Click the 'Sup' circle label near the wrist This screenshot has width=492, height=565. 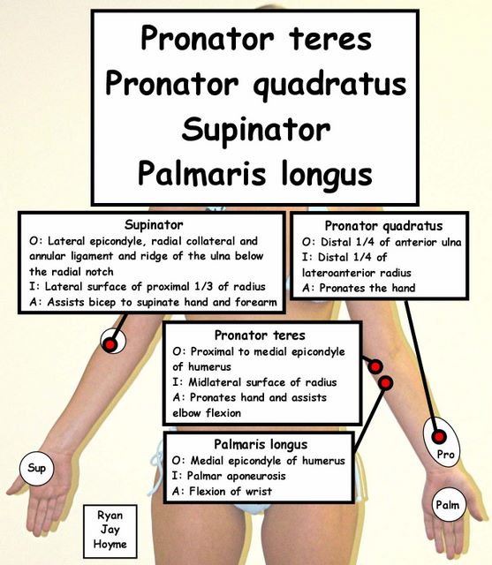point(36,469)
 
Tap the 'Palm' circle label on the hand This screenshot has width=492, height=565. point(448,504)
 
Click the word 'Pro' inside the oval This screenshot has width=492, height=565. point(445,454)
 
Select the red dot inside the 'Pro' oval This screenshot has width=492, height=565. point(439,437)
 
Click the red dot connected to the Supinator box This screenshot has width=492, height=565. point(110,345)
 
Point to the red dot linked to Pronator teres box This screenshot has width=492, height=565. point(375,367)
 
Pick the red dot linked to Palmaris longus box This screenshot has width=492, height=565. point(386,382)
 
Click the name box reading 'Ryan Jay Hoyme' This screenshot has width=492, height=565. point(110,531)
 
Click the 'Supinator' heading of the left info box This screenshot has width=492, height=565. point(154,225)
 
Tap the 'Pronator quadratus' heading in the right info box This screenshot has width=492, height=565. point(383,226)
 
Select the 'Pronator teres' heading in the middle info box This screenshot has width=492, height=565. point(260,335)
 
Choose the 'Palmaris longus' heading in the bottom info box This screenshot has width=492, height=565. point(261,444)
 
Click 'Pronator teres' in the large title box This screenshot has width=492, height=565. point(256,39)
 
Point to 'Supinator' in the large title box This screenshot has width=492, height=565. point(256,131)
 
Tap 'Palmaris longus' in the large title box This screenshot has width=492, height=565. point(255,175)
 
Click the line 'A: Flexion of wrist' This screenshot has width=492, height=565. point(222,491)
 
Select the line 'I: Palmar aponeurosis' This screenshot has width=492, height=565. point(229,476)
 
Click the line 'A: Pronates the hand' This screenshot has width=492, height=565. point(359,288)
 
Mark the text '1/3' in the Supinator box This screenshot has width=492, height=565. point(204,286)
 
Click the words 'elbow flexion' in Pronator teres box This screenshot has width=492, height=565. point(207,413)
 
